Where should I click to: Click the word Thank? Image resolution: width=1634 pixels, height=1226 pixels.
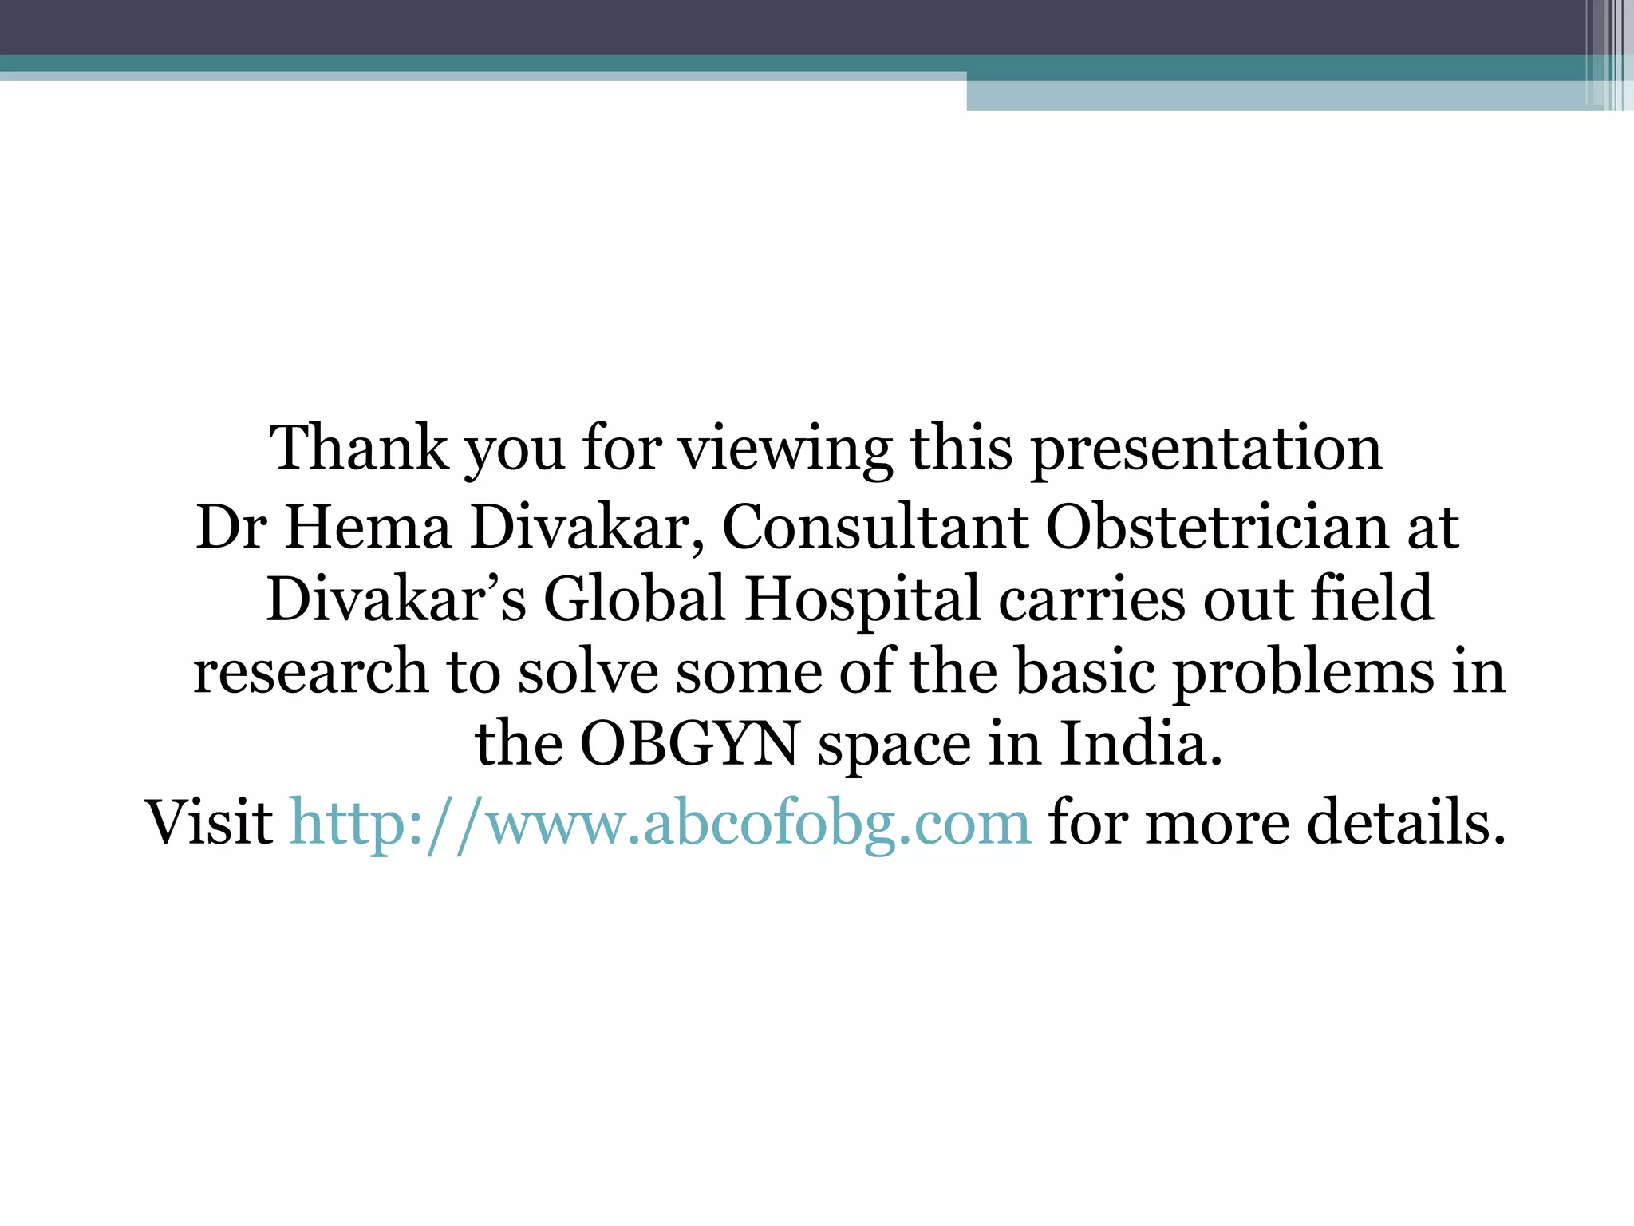point(359,449)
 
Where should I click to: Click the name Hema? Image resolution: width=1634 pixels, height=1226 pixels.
point(368,528)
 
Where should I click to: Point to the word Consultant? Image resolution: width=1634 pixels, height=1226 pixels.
point(875,528)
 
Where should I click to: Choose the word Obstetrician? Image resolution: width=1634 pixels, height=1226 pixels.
point(1218,528)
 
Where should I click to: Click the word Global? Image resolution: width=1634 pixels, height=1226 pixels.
point(634,599)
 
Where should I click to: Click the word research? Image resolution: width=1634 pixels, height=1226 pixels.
point(310,672)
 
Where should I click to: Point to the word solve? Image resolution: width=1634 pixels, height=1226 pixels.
point(588,672)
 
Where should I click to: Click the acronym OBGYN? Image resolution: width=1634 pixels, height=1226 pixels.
point(689,745)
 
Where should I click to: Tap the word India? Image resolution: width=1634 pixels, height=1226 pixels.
point(1141,745)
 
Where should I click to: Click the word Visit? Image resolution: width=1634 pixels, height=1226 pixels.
point(209,822)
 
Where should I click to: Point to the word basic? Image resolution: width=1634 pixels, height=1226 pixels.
point(1084,672)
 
